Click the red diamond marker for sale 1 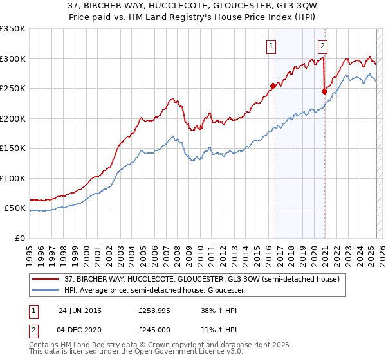(x=273, y=85)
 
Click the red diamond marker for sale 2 (x=324, y=91)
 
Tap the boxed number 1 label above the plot (x=271, y=46)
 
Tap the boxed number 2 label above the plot (x=322, y=46)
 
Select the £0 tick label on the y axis (x=20, y=238)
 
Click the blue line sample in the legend (x=46, y=290)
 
